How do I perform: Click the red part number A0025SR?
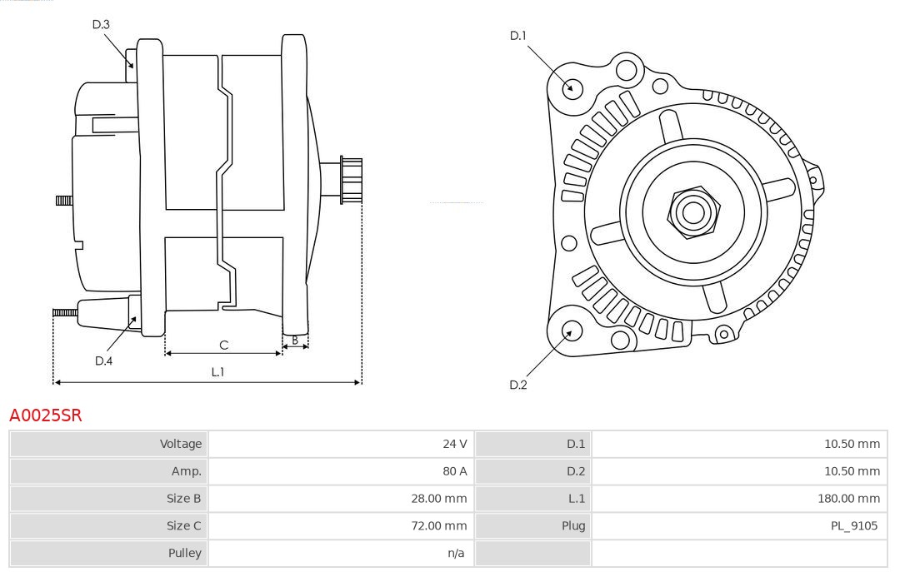46,415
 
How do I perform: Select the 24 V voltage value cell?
454,444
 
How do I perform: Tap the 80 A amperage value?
454,471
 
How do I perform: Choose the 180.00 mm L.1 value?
848,499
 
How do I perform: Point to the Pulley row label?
184,553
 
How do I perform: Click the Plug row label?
572,525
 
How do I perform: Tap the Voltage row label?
181,444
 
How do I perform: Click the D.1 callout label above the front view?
518,35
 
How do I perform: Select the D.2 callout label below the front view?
518,385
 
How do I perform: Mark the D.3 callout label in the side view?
101,24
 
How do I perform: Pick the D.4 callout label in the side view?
103,361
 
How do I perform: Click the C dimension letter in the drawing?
223,345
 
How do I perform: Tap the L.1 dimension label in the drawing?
217,372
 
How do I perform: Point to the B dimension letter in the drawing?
295,340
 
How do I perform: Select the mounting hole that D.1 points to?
572,87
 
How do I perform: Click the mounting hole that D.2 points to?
571,332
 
